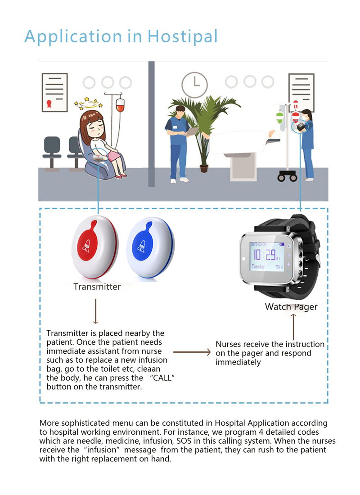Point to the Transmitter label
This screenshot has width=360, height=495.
click(97, 287)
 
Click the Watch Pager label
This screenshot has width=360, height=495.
click(291, 307)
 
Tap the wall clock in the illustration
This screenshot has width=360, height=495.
click(195, 83)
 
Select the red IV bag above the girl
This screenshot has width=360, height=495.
click(120, 107)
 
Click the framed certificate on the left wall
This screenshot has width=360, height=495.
click(54, 92)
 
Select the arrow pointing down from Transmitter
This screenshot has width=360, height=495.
click(95, 311)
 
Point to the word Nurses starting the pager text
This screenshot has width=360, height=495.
click(229, 344)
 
